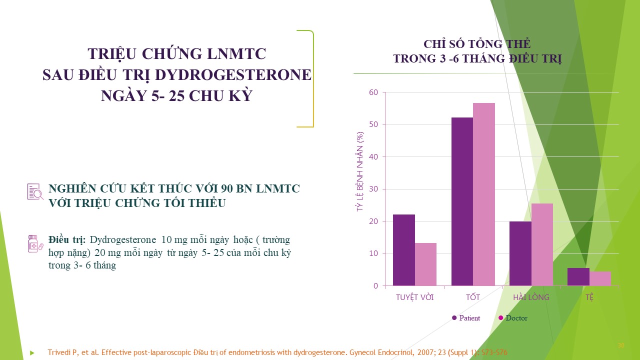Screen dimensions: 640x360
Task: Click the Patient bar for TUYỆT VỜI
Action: click(x=404, y=250)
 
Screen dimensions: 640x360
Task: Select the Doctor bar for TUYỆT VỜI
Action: click(x=425, y=264)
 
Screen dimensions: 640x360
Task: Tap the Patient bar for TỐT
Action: click(x=462, y=201)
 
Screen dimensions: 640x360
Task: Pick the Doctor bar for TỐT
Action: click(x=484, y=194)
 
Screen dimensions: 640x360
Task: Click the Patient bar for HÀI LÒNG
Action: click(x=520, y=253)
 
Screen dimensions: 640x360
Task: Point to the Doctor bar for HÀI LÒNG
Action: click(x=542, y=244)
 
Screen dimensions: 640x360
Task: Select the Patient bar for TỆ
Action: click(x=578, y=277)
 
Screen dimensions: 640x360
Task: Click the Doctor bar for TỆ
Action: click(x=600, y=278)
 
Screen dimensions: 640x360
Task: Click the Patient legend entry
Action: click(x=466, y=318)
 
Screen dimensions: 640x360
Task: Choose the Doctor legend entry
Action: click(x=513, y=318)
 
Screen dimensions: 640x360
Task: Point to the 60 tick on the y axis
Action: click(x=373, y=92)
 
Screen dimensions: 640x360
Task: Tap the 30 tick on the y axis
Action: click(x=373, y=189)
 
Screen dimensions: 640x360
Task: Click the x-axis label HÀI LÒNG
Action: click(x=531, y=297)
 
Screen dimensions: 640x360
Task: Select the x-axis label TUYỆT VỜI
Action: click(x=415, y=297)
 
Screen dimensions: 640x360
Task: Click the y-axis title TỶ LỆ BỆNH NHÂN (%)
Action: click(x=360, y=171)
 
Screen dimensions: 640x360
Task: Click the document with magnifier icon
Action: click(x=35, y=191)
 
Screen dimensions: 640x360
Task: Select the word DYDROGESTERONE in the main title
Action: click(x=233, y=75)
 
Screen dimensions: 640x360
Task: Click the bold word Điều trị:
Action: click(x=67, y=239)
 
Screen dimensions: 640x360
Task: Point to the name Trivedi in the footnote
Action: click(x=58, y=352)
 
